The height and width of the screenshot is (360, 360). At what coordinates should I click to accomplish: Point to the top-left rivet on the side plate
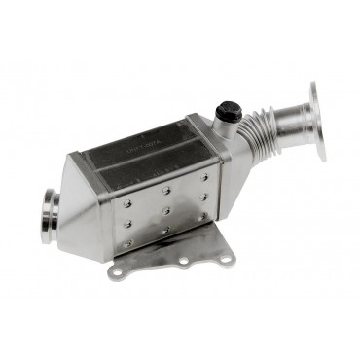click(x=127, y=205)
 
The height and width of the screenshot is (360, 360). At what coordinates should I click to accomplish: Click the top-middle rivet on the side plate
click(x=167, y=191)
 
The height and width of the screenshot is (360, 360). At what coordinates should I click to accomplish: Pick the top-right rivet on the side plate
click(x=204, y=177)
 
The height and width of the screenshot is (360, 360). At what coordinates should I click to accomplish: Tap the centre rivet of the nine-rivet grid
click(x=166, y=211)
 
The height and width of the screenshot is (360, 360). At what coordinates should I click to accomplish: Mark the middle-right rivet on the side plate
click(x=204, y=197)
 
